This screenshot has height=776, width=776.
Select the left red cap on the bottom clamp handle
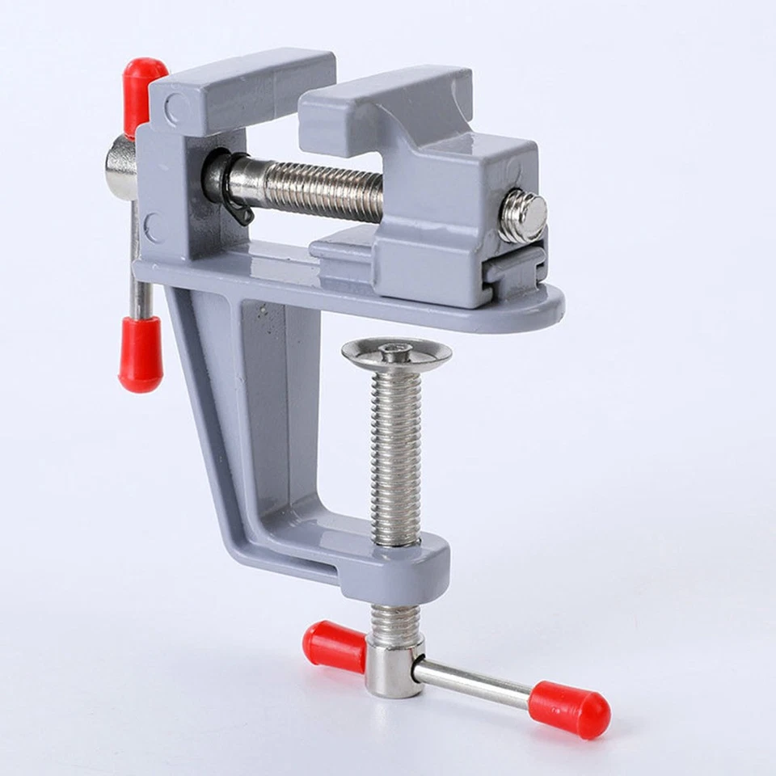[334, 647]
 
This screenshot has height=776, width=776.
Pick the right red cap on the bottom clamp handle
[569, 709]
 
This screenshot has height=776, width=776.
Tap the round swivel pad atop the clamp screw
[396, 353]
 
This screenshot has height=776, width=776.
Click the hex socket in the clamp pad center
[396, 350]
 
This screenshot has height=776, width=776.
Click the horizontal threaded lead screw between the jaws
[323, 191]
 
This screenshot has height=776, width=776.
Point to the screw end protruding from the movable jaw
[521, 217]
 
